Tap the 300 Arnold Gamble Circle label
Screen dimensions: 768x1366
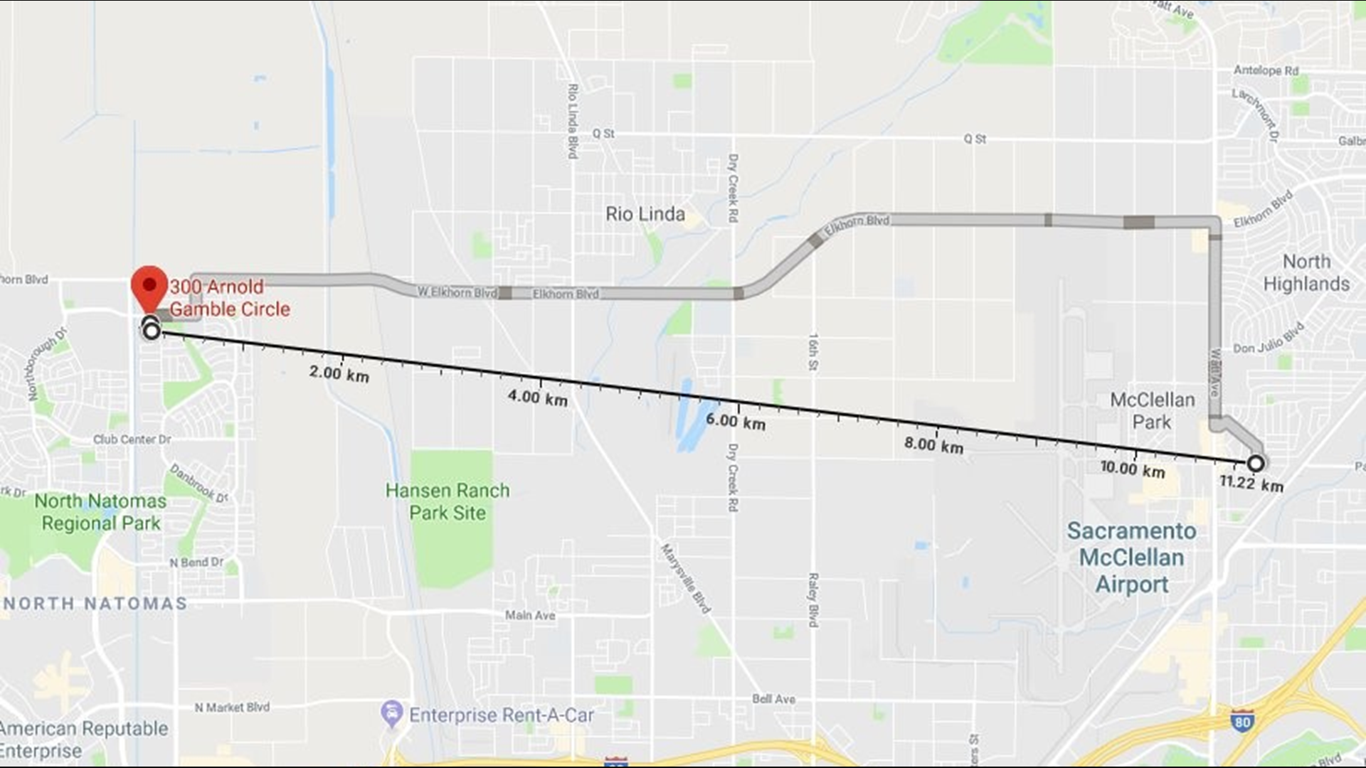click(x=229, y=298)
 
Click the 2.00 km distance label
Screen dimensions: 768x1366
click(x=339, y=373)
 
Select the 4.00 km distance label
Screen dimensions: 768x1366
click(x=537, y=398)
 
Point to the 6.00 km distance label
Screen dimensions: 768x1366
click(x=735, y=422)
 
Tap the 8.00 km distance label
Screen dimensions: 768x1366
click(x=933, y=445)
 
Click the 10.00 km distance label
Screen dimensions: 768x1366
click(x=1132, y=469)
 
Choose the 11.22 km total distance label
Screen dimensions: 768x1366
click(x=1251, y=484)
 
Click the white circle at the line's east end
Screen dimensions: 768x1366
click(x=1256, y=464)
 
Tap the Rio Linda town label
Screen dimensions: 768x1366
click(x=645, y=214)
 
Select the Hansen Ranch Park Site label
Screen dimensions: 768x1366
click(x=448, y=501)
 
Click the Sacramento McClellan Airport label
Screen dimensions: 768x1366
click(x=1131, y=558)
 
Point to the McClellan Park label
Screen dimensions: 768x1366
click(x=1152, y=410)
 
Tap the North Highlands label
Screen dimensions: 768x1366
click(x=1306, y=272)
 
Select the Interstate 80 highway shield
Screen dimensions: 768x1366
click(x=1241, y=722)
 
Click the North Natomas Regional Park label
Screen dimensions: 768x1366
click(x=100, y=512)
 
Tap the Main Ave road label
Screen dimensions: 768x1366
click(x=530, y=615)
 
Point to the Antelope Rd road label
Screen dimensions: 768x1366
click(x=1266, y=70)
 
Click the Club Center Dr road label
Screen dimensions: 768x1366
click(x=132, y=439)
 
